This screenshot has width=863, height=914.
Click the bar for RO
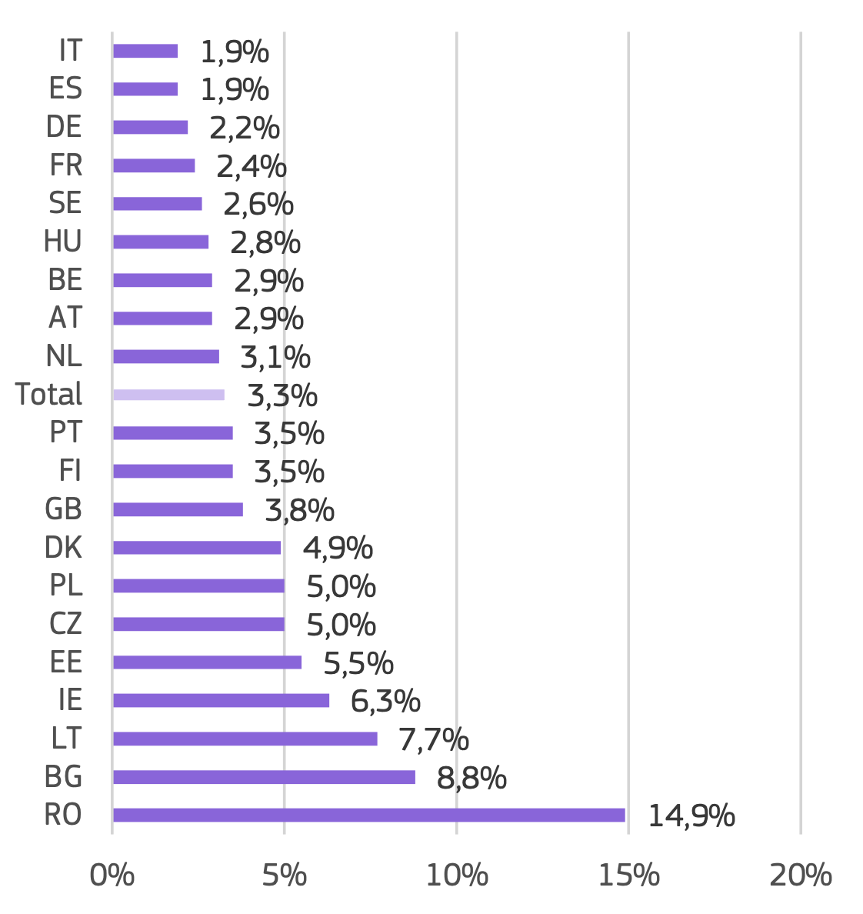(x=368, y=815)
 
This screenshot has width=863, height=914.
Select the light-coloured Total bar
(x=168, y=395)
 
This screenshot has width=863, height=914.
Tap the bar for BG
(x=264, y=777)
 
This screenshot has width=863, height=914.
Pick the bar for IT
(x=145, y=51)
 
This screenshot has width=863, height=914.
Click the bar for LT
(x=245, y=739)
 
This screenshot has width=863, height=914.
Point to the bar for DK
(x=197, y=548)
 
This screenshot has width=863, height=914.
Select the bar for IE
(x=221, y=700)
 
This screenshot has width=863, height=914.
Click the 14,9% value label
(x=691, y=816)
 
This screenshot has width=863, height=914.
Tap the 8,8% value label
(x=471, y=779)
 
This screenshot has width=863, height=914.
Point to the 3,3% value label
(x=282, y=396)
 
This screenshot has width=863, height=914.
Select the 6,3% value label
(x=385, y=702)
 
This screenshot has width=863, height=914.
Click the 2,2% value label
(x=245, y=128)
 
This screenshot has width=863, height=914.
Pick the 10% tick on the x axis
(x=457, y=876)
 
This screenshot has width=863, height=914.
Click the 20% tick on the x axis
(x=801, y=876)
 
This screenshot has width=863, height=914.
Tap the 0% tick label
(x=112, y=876)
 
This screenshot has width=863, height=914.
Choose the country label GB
(x=64, y=509)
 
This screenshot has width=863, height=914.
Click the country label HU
(x=63, y=242)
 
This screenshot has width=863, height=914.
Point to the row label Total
(x=48, y=395)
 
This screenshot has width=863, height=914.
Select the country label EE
(x=65, y=662)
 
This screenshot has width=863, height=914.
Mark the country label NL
(x=64, y=356)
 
